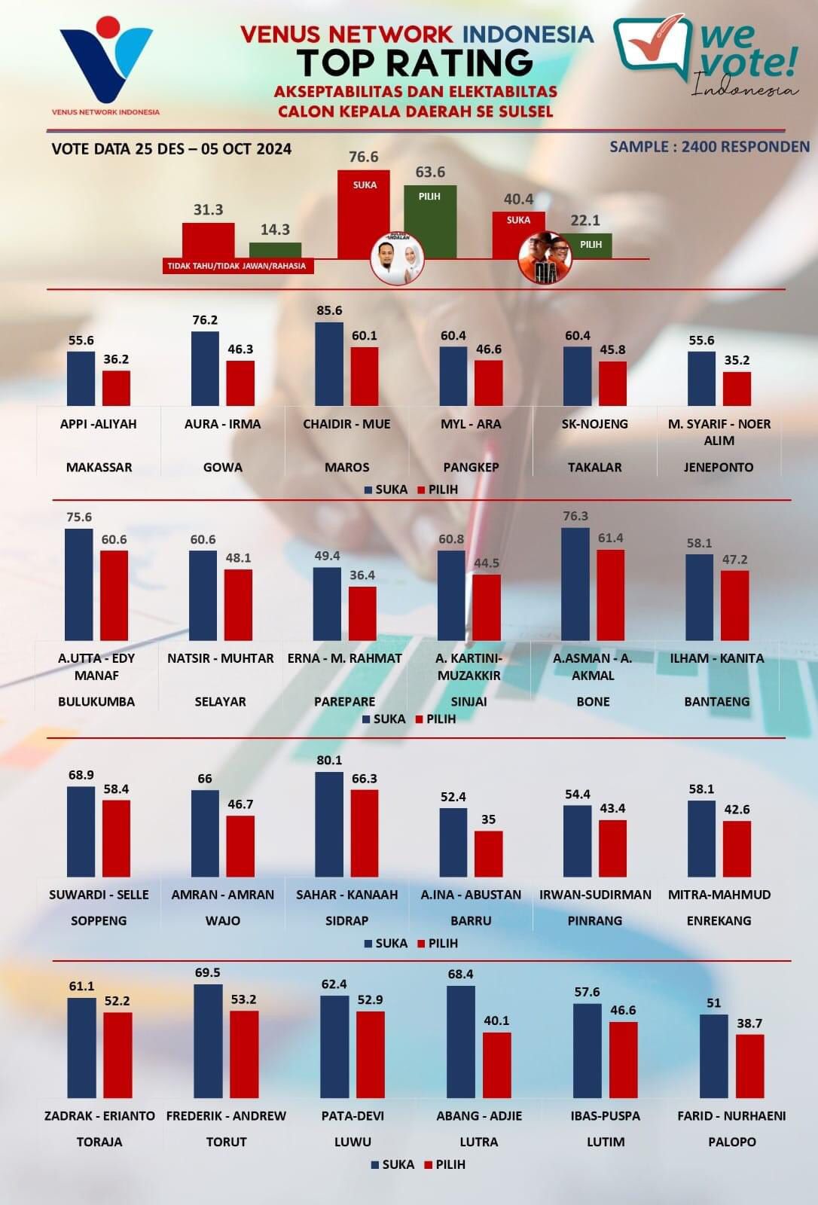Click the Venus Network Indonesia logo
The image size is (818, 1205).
106,64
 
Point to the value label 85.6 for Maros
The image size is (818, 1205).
329,310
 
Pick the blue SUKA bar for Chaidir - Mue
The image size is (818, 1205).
329,365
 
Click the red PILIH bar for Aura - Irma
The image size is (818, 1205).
240,383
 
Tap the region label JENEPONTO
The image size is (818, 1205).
719,467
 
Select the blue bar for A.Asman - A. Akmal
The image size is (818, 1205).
575,584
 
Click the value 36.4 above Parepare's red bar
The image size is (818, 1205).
362,575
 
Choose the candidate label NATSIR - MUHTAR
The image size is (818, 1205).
221,658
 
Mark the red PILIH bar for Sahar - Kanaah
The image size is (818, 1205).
365,834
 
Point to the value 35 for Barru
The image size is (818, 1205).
489,819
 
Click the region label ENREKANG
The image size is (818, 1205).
719,920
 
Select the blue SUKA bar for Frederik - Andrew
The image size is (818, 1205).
208,1041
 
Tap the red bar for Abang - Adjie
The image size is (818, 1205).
497,1065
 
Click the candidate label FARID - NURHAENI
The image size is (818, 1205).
731,1115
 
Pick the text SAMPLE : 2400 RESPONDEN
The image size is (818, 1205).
710,147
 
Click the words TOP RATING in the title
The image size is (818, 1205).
414,63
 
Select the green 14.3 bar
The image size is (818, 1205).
275,251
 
